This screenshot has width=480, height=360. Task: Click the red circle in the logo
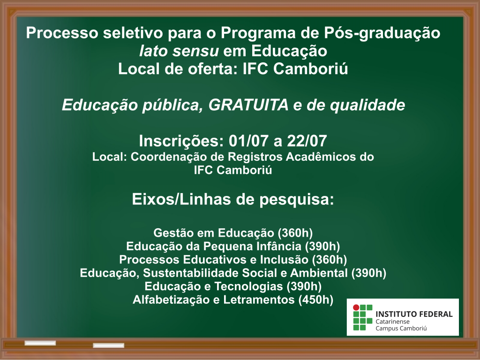[x=356, y=307]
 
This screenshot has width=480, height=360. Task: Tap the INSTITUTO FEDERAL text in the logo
[x=414, y=314]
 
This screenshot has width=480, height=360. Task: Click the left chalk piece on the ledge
[x=40, y=343]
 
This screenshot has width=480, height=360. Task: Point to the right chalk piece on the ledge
[x=108, y=345]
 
